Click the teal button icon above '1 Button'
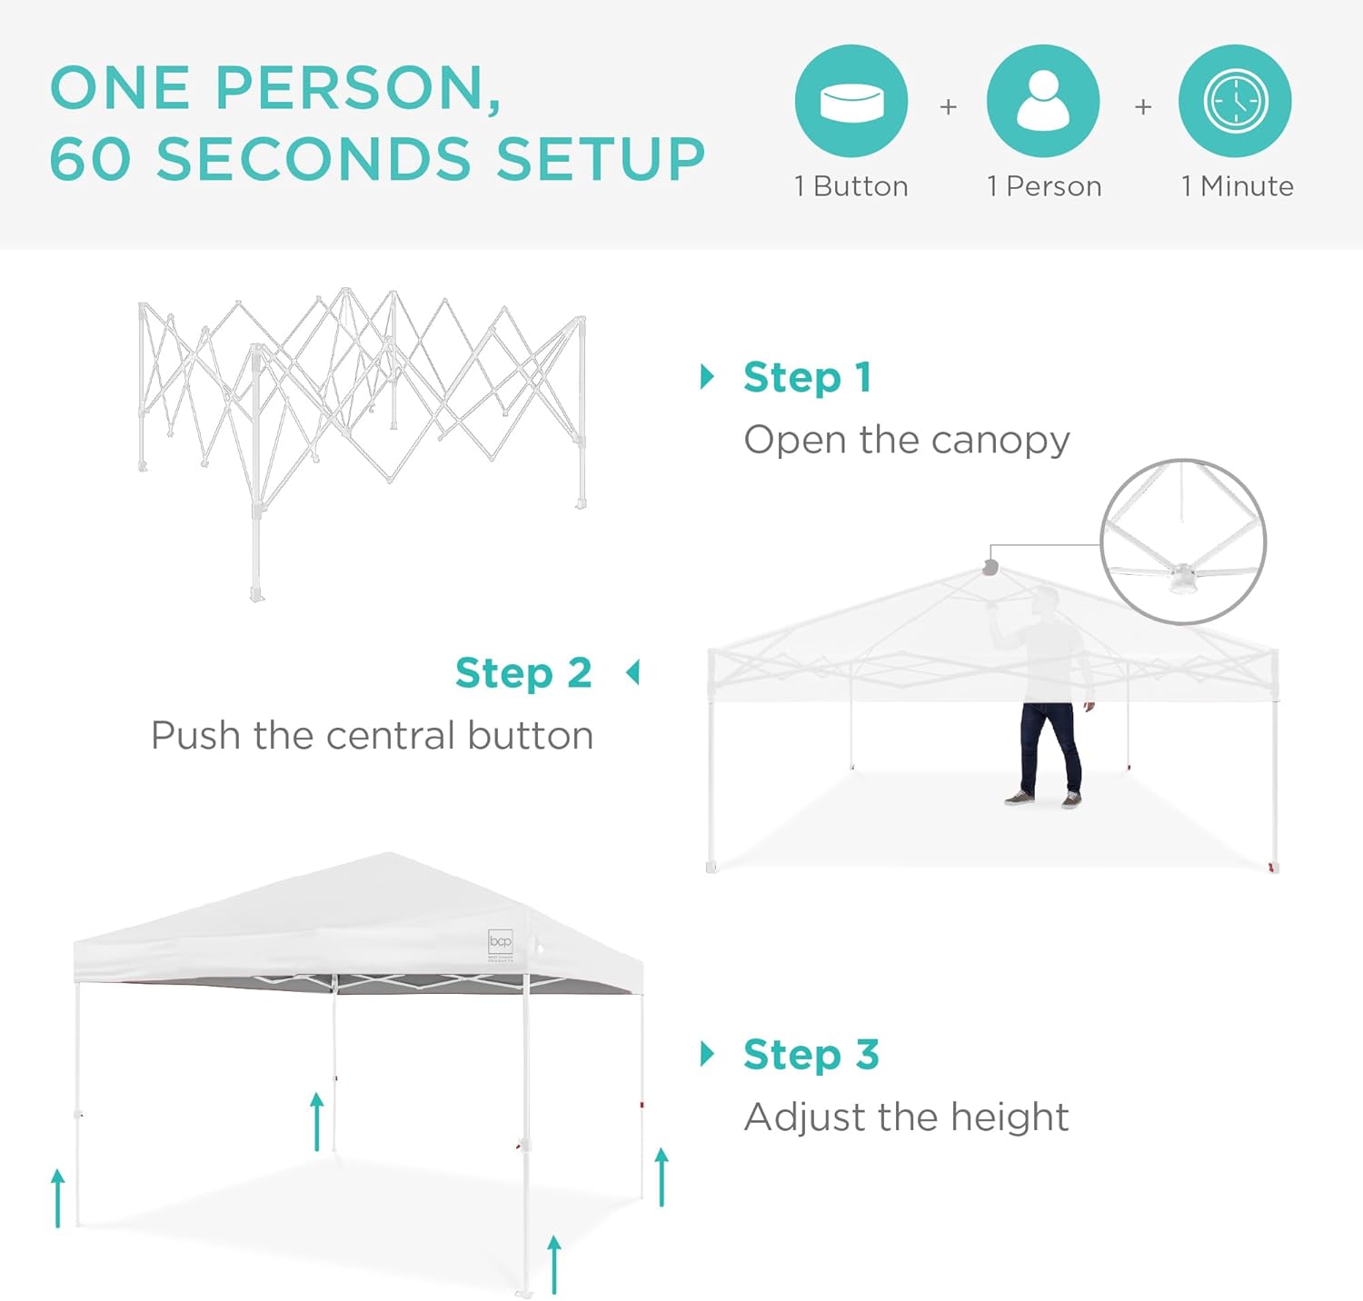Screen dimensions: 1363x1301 (x=851, y=101)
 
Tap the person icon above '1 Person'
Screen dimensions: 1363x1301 (x=1043, y=101)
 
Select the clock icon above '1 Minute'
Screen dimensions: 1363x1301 (x=1235, y=101)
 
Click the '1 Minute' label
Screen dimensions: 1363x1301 (x=1237, y=186)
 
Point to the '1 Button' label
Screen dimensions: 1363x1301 (x=851, y=186)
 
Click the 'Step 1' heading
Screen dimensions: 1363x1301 (x=807, y=378)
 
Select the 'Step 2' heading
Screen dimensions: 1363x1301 (x=523, y=673)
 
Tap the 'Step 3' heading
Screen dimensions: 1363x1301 (x=811, y=1055)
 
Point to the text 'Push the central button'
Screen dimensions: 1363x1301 (x=373, y=735)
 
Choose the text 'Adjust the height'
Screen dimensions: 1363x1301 (x=907, y=1117)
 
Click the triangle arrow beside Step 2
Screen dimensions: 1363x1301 (x=632, y=673)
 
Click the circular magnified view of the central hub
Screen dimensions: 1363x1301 (x=1182, y=541)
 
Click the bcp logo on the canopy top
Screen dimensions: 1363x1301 (x=501, y=941)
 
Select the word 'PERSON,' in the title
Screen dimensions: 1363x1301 (x=358, y=89)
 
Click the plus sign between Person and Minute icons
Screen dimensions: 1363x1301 (x=1143, y=107)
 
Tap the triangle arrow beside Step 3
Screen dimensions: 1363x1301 (x=707, y=1054)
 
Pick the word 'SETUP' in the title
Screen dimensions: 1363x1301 (x=601, y=159)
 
